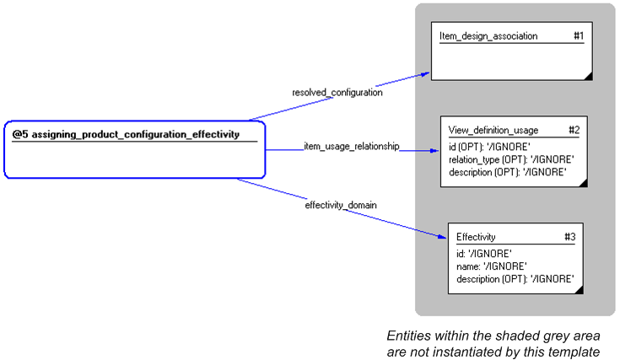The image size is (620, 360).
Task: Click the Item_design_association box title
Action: (x=488, y=36)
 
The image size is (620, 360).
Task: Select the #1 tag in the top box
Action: (x=578, y=36)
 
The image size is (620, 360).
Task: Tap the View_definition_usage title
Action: (x=493, y=130)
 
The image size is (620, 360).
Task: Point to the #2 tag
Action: (x=574, y=130)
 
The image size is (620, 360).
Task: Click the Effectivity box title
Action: (x=476, y=237)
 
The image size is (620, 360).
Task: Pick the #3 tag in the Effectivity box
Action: (x=570, y=237)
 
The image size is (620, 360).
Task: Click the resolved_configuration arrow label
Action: (x=337, y=93)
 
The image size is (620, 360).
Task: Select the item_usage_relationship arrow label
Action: (x=351, y=146)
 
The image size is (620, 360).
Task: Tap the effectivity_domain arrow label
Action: (x=341, y=205)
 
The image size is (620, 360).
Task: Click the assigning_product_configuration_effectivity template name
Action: (x=135, y=134)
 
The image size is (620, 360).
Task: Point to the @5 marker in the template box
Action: (x=20, y=134)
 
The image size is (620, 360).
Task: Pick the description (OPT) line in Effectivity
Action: (x=515, y=279)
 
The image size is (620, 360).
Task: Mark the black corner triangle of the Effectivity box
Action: (x=579, y=289)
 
